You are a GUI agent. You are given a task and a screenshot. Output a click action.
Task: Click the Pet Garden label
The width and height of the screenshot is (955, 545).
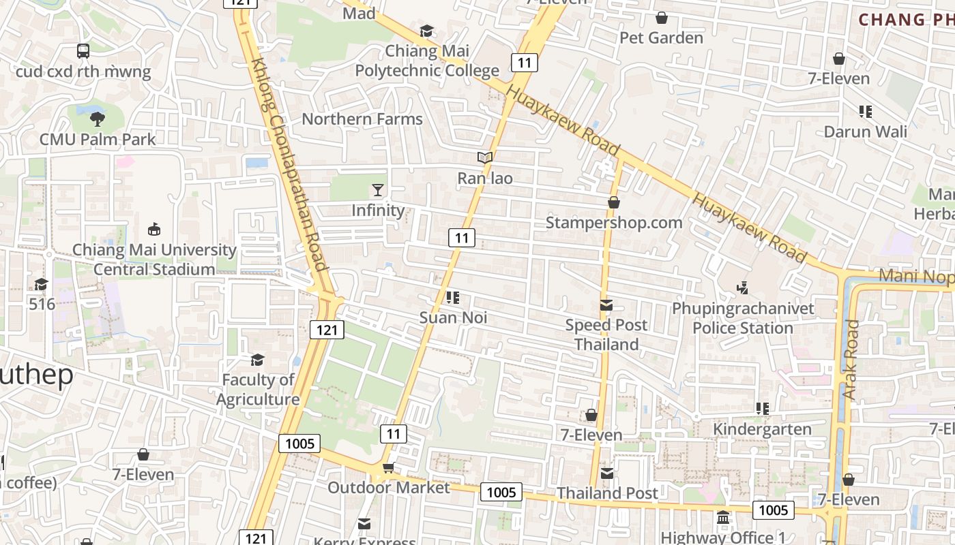click(661, 37)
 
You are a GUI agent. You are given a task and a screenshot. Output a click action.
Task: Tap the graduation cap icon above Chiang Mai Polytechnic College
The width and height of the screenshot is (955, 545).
click(427, 31)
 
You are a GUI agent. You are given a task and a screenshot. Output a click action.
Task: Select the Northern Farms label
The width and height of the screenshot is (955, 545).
click(362, 119)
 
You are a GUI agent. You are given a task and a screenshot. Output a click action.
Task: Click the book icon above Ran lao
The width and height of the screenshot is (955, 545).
click(485, 158)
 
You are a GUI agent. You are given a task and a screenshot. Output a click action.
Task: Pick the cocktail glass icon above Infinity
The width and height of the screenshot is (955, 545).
click(378, 190)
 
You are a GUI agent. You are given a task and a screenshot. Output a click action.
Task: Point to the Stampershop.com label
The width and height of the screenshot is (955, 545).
click(614, 223)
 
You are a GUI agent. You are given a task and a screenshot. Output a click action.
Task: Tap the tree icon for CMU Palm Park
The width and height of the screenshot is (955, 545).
click(98, 119)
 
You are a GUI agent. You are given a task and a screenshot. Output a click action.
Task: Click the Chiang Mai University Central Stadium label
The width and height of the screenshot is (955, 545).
click(154, 260)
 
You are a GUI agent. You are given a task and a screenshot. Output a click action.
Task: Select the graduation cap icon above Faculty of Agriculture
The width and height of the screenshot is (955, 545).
click(258, 359)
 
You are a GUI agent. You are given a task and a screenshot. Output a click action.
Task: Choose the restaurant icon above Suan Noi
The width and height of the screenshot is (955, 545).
click(453, 298)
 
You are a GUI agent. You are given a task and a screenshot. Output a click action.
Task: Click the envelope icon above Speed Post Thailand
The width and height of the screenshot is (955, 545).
click(606, 305)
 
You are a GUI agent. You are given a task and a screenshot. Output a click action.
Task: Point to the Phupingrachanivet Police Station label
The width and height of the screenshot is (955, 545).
click(743, 318)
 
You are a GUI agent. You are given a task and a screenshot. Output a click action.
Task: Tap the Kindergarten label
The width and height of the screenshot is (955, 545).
click(762, 429)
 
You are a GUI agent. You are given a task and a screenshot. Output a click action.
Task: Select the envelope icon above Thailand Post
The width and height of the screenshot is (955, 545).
click(607, 473)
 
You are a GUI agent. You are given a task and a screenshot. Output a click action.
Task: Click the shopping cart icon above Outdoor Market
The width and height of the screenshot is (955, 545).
click(388, 467)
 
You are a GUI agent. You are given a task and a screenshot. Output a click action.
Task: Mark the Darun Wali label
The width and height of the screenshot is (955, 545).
click(866, 131)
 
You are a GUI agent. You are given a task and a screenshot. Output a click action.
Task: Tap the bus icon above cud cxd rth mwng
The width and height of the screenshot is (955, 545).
click(83, 51)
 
